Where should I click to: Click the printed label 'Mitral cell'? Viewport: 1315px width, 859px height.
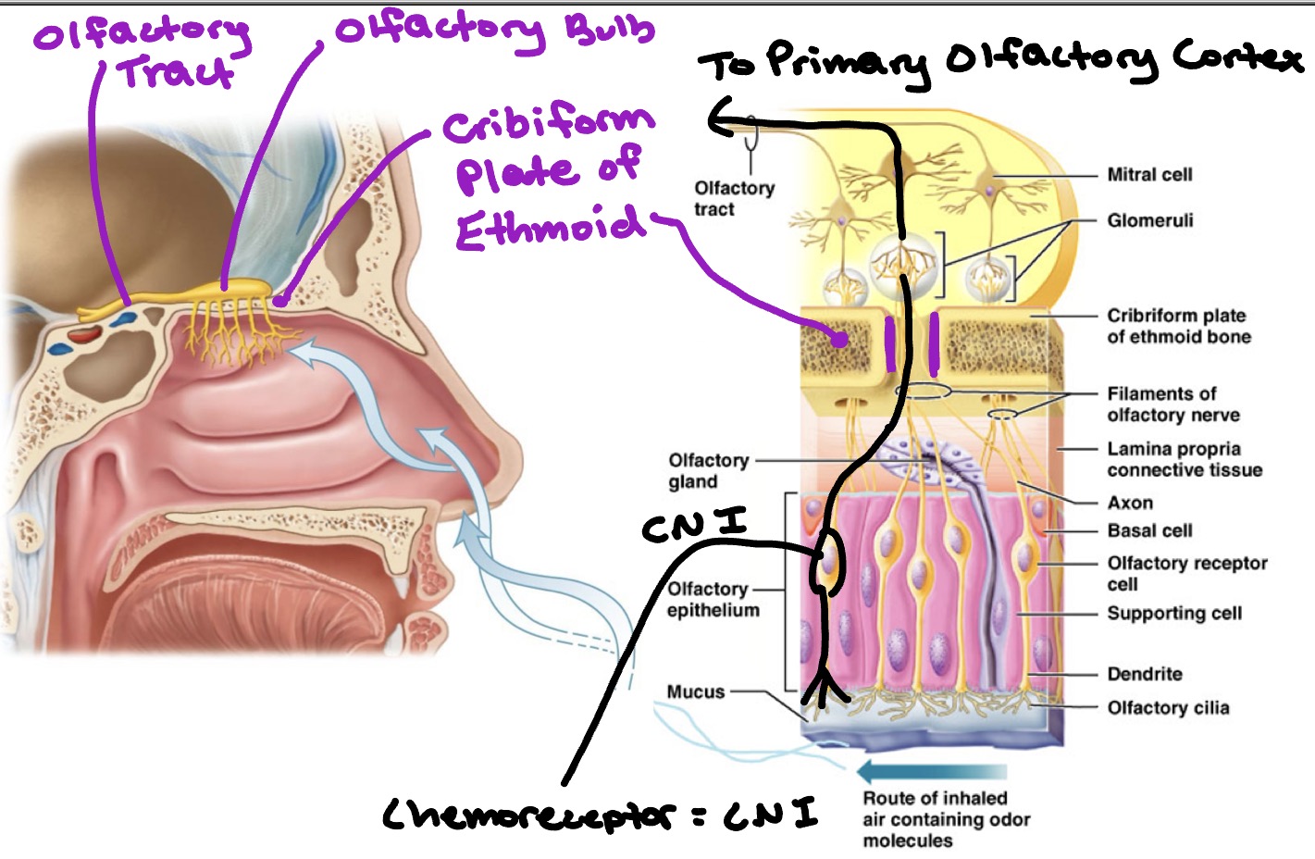pyautogui.click(x=1149, y=175)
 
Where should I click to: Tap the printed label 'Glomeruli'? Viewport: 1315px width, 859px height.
pyautogui.click(x=1149, y=220)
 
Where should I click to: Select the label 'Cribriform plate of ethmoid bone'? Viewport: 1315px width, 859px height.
pyautogui.click(x=1178, y=326)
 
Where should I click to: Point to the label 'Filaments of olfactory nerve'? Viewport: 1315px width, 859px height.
pyautogui.click(x=1172, y=405)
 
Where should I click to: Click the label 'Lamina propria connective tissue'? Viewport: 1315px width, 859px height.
pyautogui.click(x=1184, y=459)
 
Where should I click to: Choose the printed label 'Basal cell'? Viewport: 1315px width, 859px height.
pyautogui.click(x=1149, y=530)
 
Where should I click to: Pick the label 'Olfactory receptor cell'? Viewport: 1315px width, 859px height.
pyautogui.click(x=1186, y=573)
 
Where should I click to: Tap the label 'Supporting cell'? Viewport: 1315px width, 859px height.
pyautogui.click(x=1173, y=613)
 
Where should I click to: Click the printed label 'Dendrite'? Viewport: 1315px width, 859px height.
pyautogui.click(x=1145, y=674)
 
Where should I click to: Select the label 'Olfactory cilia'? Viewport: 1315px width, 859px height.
pyautogui.click(x=1168, y=708)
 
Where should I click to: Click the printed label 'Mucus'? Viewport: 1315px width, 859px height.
pyautogui.click(x=695, y=691)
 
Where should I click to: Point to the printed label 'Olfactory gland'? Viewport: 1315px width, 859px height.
pyautogui.click(x=708, y=470)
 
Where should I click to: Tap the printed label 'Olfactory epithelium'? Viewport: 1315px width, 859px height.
pyautogui.click(x=713, y=599)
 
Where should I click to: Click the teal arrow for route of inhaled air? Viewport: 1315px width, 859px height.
pyautogui.click(x=930, y=771)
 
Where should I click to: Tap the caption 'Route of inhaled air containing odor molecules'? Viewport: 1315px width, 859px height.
pyautogui.click(x=946, y=819)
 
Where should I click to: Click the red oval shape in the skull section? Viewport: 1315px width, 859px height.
pyautogui.click(x=88, y=332)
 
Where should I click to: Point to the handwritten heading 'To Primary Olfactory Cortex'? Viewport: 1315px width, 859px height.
pyautogui.click(x=999, y=63)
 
